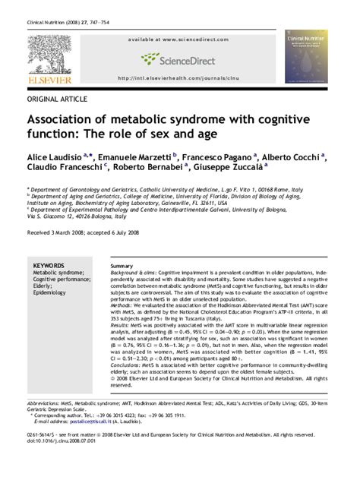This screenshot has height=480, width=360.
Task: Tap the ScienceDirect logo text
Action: click(188, 58)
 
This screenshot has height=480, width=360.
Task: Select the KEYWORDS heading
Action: click(49, 265)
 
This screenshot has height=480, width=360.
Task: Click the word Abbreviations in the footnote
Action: click(46, 404)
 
